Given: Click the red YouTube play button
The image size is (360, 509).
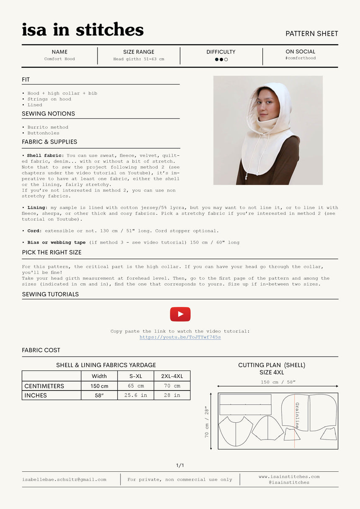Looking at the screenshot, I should point(180,314).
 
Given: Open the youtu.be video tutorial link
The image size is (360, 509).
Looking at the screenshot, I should point(180,337).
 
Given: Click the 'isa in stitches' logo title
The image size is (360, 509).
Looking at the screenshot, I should point(82,30).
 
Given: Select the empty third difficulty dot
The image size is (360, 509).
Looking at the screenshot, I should point(226,59).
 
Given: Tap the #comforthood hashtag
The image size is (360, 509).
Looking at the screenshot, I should point(300,58).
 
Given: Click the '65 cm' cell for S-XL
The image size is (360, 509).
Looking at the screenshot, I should point(136,386).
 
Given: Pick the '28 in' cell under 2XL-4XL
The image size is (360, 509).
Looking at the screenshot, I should point(172,395).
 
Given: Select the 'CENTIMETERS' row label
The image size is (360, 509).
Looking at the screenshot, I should point(44,386).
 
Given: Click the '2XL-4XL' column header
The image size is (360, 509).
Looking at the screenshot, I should point(172,376).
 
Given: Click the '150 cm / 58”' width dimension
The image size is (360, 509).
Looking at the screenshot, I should point(278,382).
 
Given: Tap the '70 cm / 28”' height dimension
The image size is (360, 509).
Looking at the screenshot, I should point(207,422).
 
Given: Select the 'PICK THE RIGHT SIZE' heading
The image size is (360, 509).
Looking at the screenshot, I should point(51,252).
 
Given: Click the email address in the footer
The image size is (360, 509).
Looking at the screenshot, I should point(64,479).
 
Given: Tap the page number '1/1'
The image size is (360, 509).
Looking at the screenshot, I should point(180,465).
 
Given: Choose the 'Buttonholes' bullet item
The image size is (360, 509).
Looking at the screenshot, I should point(43,133).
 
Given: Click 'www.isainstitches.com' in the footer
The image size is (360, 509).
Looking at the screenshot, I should point(289,476).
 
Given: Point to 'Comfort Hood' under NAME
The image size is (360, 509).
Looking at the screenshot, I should point(59,59).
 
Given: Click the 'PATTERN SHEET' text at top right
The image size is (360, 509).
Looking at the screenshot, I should point(311,33).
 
